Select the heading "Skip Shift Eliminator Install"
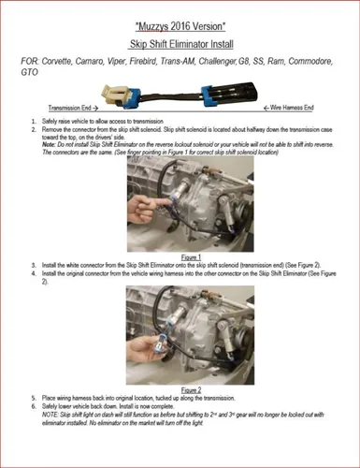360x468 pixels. [x=180, y=44]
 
